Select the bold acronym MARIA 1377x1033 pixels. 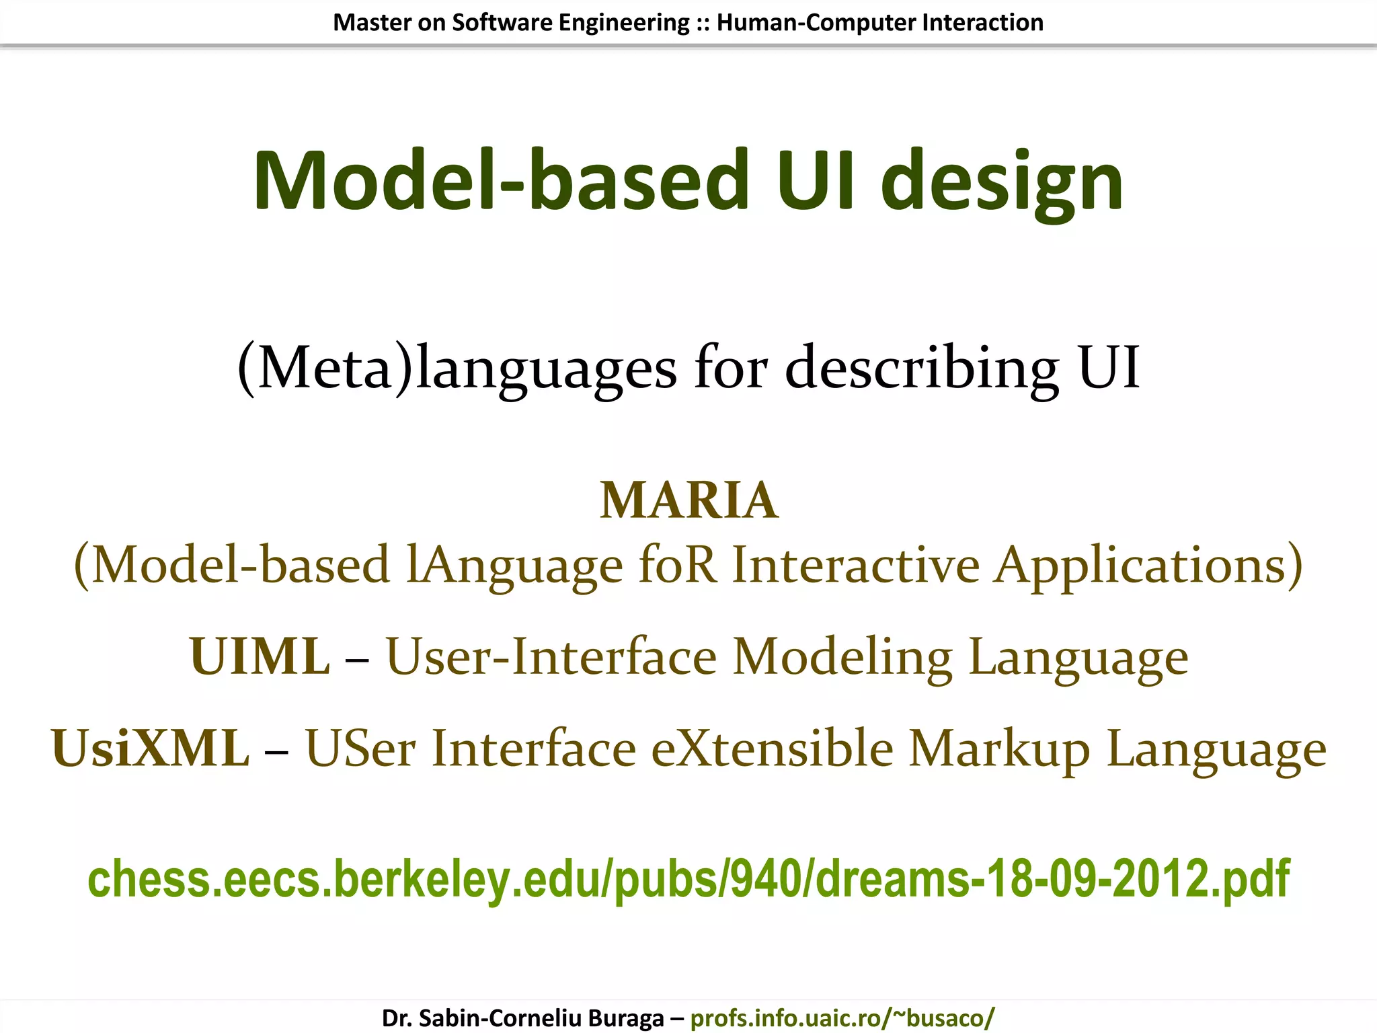[x=689, y=500]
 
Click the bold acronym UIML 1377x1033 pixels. [x=260, y=656]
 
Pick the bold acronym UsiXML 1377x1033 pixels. [x=150, y=749]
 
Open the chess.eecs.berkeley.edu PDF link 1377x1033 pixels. [x=688, y=878]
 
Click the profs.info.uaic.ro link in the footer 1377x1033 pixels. [x=842, y=1018]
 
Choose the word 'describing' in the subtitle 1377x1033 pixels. [x=922, y=368]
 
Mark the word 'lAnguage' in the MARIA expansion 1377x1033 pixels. [x=515, y=565]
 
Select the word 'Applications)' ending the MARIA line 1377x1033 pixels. [x=1149, y=565]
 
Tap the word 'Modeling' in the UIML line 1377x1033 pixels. [x=842, y=656]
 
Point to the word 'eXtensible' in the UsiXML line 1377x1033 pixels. [x=773, y=749]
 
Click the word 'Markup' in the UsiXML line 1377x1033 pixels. [x=999, y=749]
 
